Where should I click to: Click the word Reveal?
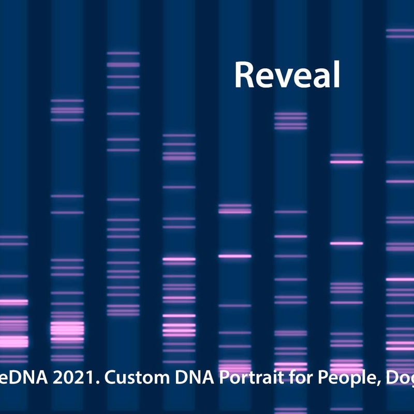coord(287,75)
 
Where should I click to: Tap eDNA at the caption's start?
coord(20,378)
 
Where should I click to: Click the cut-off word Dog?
coord(399,378)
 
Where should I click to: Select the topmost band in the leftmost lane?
coord(14,236)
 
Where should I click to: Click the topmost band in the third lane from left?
coord(123,53)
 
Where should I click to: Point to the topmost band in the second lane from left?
coord(67,100)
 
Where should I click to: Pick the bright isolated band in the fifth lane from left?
coord(234,256)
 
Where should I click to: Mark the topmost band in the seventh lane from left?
coord(346,155)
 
